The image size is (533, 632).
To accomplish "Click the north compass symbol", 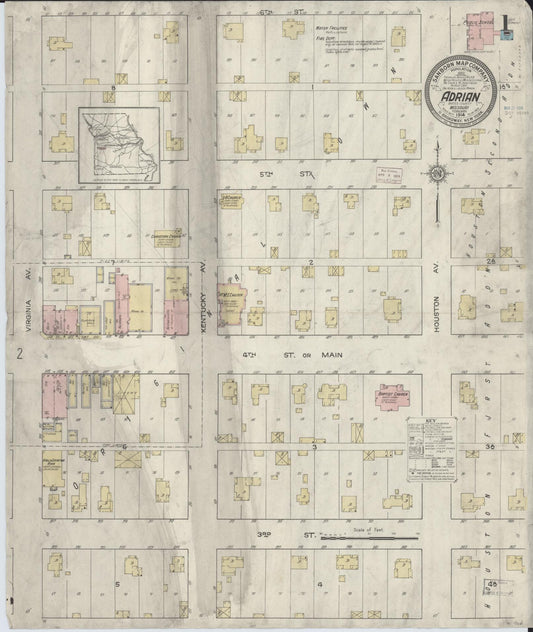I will click(x=436, y=177).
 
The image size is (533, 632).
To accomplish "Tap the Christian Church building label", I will click(x=165, y=238).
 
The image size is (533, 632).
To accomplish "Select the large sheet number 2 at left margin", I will click(x=19, y=353).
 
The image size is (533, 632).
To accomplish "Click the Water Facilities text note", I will click(x=336, y=29).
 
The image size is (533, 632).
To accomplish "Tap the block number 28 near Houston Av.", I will click(x=490, y=261).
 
